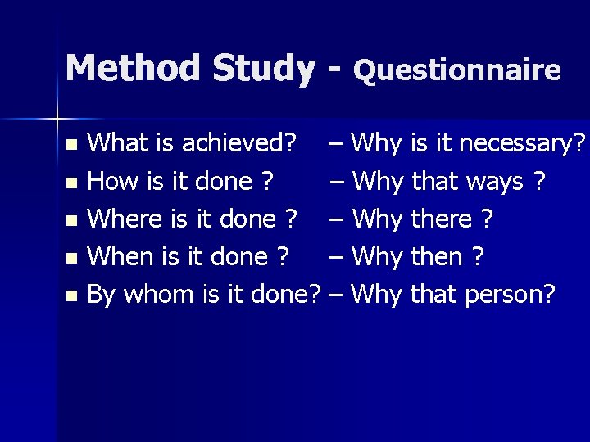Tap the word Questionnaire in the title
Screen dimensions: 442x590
(x=457, y=70)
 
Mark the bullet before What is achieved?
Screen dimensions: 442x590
(x=71, y=146)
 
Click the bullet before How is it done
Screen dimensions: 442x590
(x=71, y=183)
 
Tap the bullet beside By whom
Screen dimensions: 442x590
(x=71, y=295)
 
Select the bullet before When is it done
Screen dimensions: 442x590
(x=71, y=258)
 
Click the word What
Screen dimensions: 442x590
(x=116, y=145)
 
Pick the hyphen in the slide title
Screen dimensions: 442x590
(x=333, y=70)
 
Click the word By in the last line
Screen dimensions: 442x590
(x=101, y=294)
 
